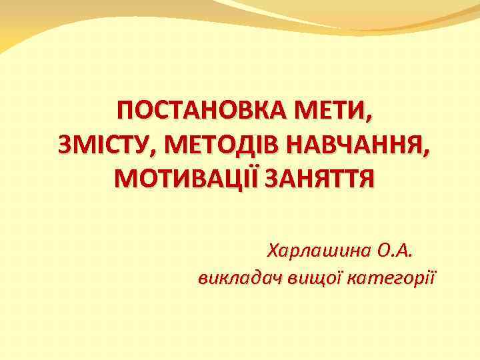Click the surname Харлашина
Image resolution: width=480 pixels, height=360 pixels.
pos(318,251)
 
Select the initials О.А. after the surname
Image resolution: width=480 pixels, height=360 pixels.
pos(395,251)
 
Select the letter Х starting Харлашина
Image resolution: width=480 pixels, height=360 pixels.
pos(273,251)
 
